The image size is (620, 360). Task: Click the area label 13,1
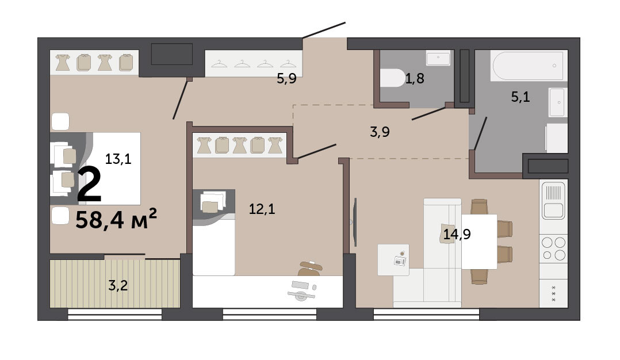[x=118, y=159]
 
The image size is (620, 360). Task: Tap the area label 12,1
[x=262, y=209]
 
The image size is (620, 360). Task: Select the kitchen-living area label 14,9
[x=457, y=234]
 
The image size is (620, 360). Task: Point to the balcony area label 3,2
[x=118, y=285]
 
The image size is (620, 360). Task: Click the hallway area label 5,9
[x=286, y=79]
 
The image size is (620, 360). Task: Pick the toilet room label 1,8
[x=414, y=78]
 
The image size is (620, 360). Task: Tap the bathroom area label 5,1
[x=521, y=97]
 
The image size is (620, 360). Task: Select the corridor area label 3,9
[x=380, y=132]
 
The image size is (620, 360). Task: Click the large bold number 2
[x=89, y=185]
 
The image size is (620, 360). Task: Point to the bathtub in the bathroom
[x=527, y=66]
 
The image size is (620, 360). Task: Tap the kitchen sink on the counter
[x=553, y=200]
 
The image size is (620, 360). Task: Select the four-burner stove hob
[x=553, y=248]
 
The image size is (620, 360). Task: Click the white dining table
[x=479, y=242]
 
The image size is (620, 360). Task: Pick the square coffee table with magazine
[x=393, y=259]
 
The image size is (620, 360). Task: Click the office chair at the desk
[x=310, y=269]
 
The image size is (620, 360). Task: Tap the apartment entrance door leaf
[x=324, y=30]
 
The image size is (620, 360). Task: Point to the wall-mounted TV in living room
[x=355, y=222]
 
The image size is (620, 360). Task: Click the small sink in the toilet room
[x=438, y=58]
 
